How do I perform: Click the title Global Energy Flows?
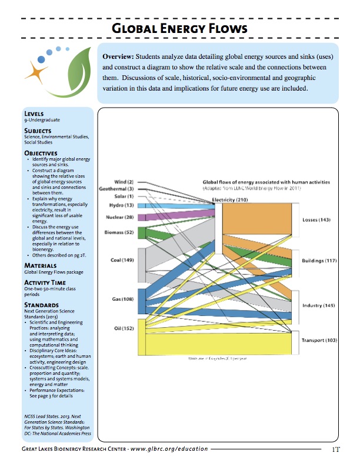(180, 29)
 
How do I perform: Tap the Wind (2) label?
(123, 182)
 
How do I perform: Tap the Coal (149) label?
(122, 259)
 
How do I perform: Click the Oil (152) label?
(124, 328)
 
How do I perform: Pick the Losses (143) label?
(316, 220)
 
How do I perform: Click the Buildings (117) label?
(319, 260)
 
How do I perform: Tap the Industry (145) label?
(318, 306)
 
